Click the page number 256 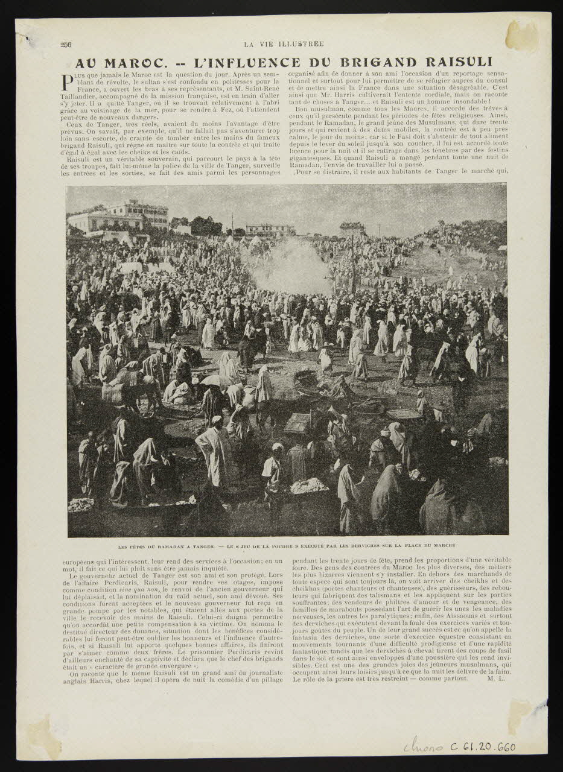pyautogui.click(x=66, y=44)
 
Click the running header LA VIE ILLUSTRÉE pyautogui.click(x=284, y=44)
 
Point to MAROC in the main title pyautogui.click(x=122, y=63)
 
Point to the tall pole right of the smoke pyautogui.click(x=354, y=265)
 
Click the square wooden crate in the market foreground pyautogui.click(x=297, y=423)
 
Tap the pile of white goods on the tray pyautogui.click(x=309, y=486)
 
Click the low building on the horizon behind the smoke pyautogui.click(x=270, y=229)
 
